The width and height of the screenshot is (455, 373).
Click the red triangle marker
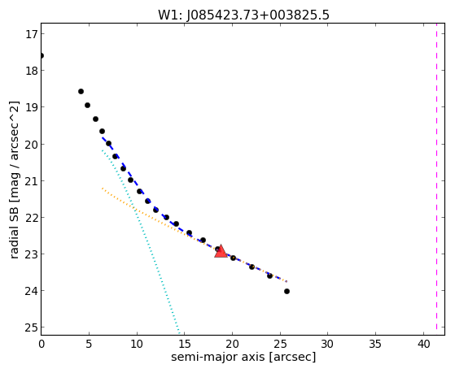pyautogui.click(x=221, y=251)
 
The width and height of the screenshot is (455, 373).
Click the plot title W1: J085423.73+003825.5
pyautogui.click(x=243, y=15)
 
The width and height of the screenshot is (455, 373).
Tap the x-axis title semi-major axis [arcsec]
pyautogui.click(x=243, y=357)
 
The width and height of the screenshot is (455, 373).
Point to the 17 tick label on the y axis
pyautogui.click(x=32, y=34)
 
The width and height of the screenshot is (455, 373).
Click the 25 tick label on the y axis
pyautogui.click(x=32, y=327)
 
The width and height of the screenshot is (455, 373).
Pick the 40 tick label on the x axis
pyautogui.click(x=423, y=344)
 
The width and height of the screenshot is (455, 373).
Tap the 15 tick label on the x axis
pyautogui.click(x=185, y=344)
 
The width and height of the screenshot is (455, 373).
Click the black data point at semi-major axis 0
pyautogui.click(x=42, y=55)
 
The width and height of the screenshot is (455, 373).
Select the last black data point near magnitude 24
pyautogui.click(x=287, y=291)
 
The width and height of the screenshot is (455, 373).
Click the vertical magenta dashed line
pyautogui.click(x=436, y=179)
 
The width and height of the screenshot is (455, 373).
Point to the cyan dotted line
pyautogui.click(x=141, y=241)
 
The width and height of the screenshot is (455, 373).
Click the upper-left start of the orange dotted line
pyautogui.click(x=103, y=189)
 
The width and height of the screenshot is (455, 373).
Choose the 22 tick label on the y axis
pyautogui.click(x=32, y=217)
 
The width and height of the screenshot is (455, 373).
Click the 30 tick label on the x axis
pyautogui.click(x=328, y=344)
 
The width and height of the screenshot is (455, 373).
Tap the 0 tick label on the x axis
pyautogui.click(x=42, y=344)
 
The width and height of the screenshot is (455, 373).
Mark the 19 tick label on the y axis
pyautogui.click(x=32, y=107)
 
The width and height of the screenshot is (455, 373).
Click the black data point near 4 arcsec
pyautogui.click(x=81, y=91)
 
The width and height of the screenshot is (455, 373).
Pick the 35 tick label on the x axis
pyautogui.click(x=375, y=344)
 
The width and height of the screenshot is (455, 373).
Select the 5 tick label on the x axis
pyautogui.click(x=89, y=344)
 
